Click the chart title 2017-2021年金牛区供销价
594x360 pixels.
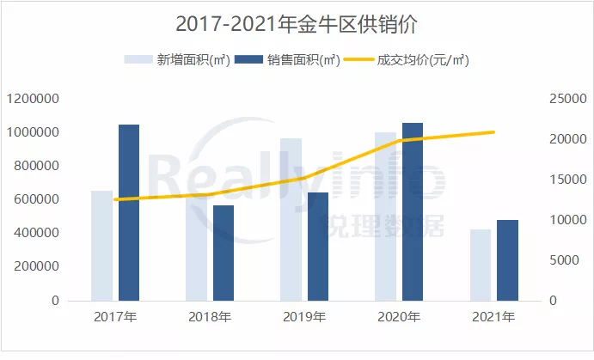click(x=296, y=23)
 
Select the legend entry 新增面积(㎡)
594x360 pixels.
click(x=177, y=60)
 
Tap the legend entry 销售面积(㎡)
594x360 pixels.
click(x=289, y=60)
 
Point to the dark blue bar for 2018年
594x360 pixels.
click(x=224, y=253)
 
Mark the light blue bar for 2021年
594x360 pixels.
click(x=480, y=265)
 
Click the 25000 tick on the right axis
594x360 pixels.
click(x=567, y=99)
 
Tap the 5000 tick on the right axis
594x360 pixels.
click(x=564, y=260)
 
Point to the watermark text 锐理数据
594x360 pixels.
click(x=382, y=227)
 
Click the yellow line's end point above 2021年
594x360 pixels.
click(x=494, y=132)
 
